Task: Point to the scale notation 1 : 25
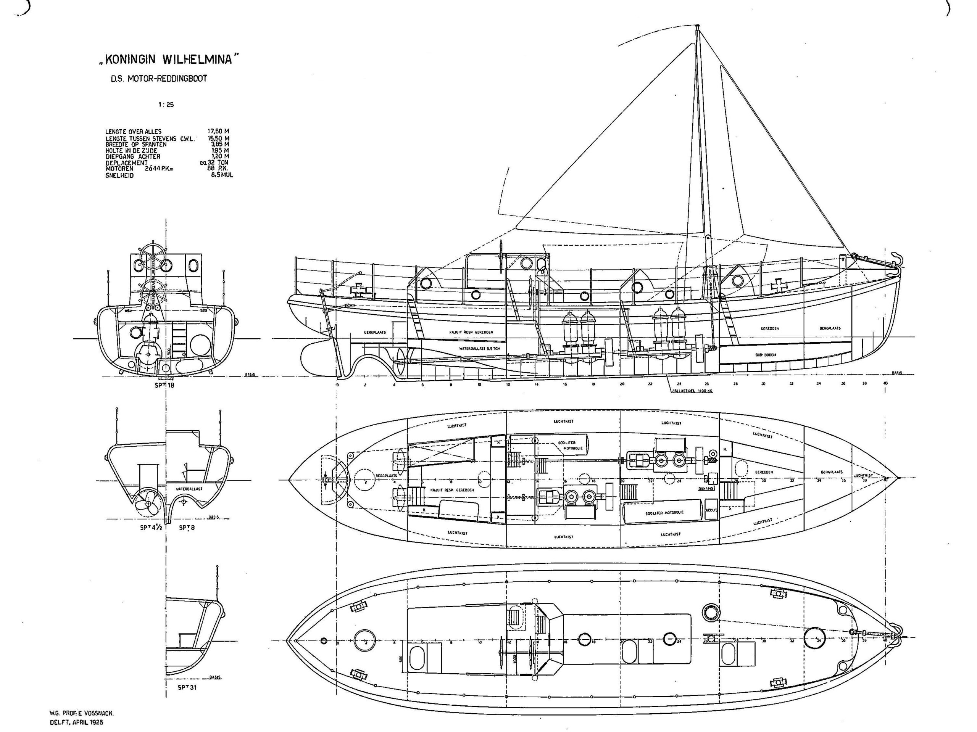click(166, 105)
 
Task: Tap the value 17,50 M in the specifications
click(218, 132)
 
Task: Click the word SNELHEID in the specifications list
click(119, 175)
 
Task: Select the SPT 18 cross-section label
click(165, 385)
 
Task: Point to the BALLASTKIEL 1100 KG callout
click(692, 391)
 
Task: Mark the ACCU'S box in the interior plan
click(711, 510)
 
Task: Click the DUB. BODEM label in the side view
click(766, 354)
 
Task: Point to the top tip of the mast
click(697, 26)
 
